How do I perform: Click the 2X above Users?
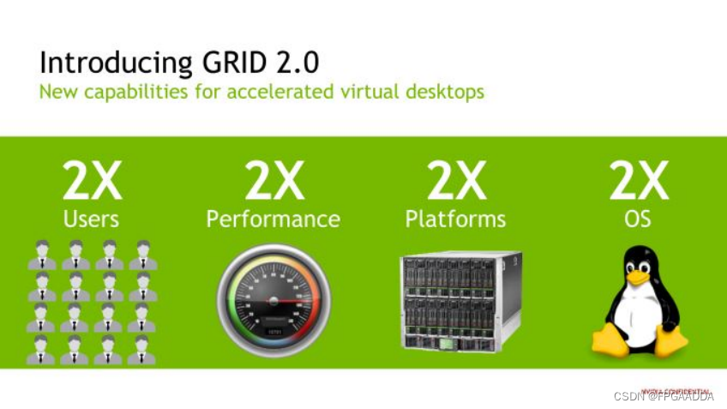click(93, 181)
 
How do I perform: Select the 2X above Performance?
click(273, 181)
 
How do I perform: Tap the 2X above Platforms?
click(455, 181)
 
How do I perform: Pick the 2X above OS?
click(638, 181)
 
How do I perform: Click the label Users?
click(92, 220)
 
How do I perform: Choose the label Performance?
click(273, 220)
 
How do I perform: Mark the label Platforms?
click(455, 220)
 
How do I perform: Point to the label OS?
click(638, 220)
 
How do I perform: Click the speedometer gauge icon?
click(273, 300)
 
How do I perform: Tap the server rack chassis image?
click(460, 300)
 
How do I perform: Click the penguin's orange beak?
click(638, 276)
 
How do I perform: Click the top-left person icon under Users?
click(42, 255)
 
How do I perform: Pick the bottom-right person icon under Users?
click(142, 350)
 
